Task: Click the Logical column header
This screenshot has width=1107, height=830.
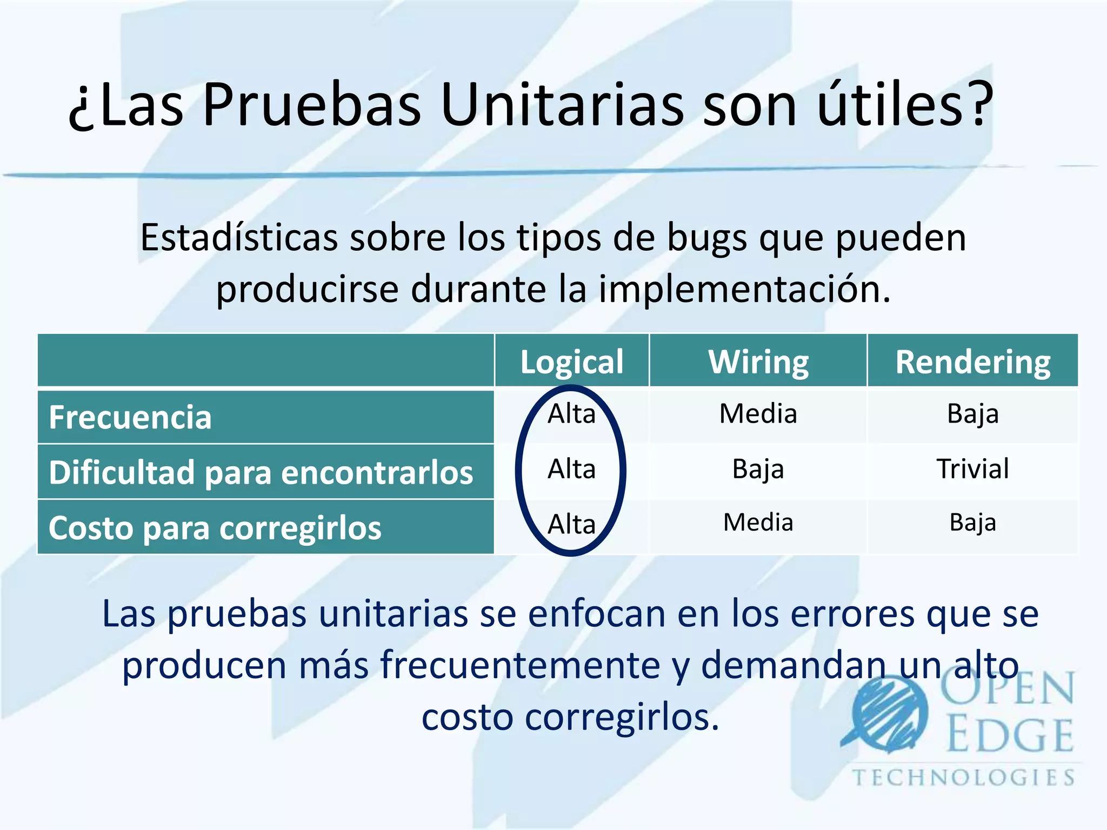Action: (x=571, y=362)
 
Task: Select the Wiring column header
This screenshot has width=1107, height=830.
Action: (x=758, y=362)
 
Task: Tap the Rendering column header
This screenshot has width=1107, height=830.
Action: (x=972, y=362)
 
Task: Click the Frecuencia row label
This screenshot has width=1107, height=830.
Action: (x=130, y=417)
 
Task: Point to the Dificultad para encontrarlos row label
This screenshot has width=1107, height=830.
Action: (x=261, y=472)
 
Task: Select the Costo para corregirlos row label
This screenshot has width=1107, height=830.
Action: (x=215, y=527)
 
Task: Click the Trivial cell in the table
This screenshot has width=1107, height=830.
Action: (x=972, y=468)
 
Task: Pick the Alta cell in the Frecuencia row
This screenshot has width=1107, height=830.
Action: (x=571, y=414)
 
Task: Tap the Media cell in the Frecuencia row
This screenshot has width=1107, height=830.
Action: (x=758, y=414)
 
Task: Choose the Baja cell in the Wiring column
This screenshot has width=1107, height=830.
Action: (x=758, y=468)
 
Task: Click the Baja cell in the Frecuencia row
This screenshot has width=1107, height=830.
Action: (x=972, y=414)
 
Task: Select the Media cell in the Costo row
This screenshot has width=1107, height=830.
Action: (x=758, y=523)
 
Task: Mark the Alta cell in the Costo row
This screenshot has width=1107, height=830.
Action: (x=571, y=524)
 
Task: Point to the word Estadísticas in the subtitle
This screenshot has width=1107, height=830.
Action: (x=239, y=237)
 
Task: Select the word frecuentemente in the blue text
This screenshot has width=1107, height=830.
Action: (x=520, y=665)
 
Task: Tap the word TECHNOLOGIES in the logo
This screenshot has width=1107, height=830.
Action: (x=963, y=778)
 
